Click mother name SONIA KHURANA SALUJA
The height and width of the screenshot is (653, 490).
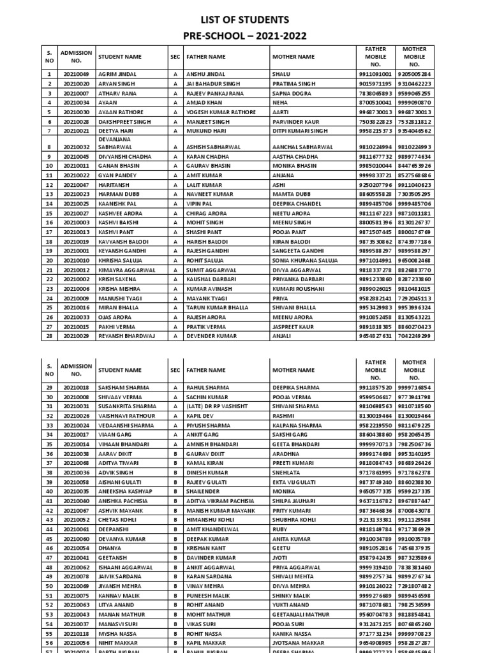tap(304, 261)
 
